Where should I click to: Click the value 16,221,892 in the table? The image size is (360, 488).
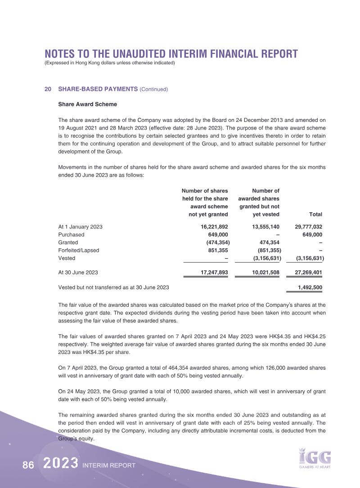coord(214,227)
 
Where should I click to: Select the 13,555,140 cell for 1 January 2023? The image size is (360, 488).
coord(266,227)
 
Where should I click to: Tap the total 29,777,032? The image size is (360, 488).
coord(308,227)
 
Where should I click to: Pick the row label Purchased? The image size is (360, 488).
coord(71,234)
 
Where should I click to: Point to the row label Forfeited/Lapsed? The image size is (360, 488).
coord(79,250)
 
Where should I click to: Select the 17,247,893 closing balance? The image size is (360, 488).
coord(214,273)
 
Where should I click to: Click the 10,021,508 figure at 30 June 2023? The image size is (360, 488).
coord(266,273)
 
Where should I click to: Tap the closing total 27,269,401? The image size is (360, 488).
coord(308,273)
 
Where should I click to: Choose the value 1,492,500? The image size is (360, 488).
coord(310,287)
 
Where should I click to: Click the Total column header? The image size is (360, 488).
coord(315,215)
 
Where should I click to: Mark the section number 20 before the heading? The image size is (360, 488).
coord(48,90)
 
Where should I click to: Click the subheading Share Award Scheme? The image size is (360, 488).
coord(88,104)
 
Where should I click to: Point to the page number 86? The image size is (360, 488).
coord(28,466)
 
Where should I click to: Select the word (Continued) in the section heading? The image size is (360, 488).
coord(154,90)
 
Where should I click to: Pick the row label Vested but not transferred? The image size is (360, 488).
coord(114,287)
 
